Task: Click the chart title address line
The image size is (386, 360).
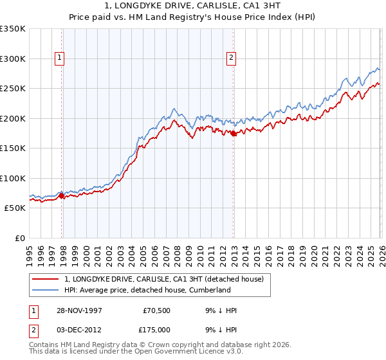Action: (193, 6)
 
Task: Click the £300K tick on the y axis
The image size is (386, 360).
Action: (13, 59)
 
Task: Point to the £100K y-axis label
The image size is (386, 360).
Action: (13, 178)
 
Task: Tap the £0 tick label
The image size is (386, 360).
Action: (19, 238)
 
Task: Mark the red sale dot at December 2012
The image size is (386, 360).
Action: (233, 134)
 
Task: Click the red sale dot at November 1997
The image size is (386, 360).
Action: (62, 196)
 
